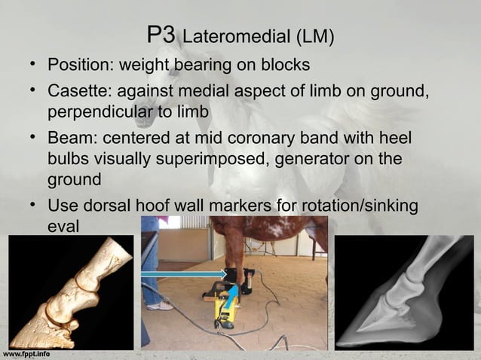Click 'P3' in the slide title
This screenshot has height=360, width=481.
[x=162, y=35]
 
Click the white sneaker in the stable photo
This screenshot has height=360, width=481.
[x=159, y=305]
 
